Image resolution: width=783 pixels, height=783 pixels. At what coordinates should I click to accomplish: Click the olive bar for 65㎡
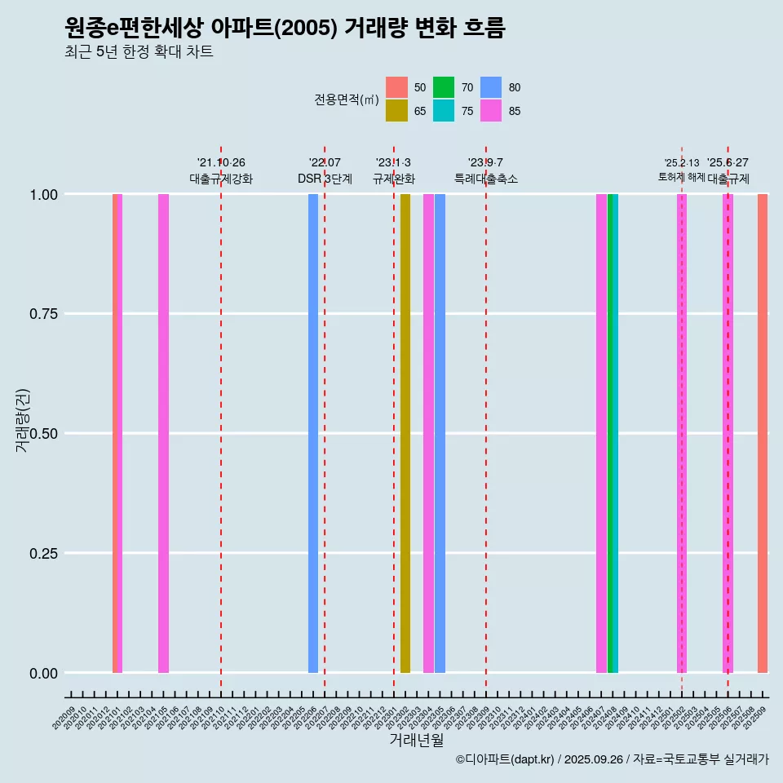point(405,433)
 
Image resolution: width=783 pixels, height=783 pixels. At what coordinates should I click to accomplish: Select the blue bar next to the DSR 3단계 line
point(313,433)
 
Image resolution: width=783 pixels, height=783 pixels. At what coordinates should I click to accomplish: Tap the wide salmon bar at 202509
point(763,433)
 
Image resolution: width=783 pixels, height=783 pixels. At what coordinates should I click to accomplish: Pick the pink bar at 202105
point(163,433)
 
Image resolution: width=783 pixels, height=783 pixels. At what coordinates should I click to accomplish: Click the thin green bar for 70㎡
point(610,433)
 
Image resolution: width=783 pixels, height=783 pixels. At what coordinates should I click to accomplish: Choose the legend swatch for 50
point(396,87)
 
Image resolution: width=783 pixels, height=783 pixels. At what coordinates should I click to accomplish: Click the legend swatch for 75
point(444,111)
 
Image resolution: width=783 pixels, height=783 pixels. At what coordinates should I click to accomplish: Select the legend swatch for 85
point(491,111)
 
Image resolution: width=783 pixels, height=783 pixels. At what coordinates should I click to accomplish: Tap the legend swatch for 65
point(396,111)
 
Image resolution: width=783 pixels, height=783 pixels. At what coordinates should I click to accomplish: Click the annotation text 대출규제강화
point(221,179)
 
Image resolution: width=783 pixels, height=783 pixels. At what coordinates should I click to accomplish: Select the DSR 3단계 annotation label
point(325,179)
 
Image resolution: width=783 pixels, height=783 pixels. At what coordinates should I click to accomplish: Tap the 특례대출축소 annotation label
point(486,179)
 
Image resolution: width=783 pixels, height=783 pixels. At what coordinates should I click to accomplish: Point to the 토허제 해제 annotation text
point(682,177)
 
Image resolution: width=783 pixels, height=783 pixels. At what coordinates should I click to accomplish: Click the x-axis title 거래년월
point(417,740)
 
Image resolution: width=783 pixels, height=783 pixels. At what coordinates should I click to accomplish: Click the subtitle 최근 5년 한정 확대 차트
point(139,52)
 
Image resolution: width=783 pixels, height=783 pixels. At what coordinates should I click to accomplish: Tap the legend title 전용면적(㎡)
point(347,100)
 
